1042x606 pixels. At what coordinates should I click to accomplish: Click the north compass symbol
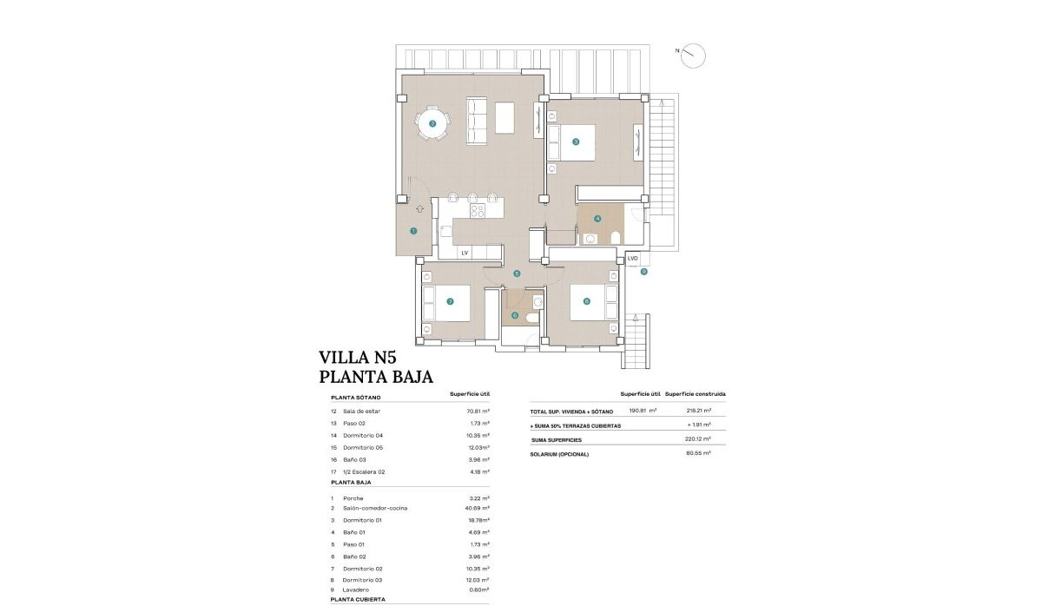coord(693,56)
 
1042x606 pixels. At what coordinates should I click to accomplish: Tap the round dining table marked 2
coord(432,124)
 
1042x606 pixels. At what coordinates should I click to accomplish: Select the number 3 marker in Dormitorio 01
coord(576,142)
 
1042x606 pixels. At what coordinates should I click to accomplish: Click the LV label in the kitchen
coord(465,253)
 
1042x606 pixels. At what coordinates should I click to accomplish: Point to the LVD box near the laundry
coord(632,259)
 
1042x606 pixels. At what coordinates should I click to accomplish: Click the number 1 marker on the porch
coord(413,231)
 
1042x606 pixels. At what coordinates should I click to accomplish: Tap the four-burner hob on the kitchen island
coord(478,210)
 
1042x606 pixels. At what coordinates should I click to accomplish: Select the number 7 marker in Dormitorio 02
coord(450,302)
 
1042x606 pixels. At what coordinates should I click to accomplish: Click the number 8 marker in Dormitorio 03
coord(587,302)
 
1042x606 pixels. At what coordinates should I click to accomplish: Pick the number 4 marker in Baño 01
coord(597,218)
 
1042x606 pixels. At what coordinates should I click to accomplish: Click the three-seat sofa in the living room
coord(477,120)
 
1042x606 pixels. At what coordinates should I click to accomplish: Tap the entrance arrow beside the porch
coord(420,207)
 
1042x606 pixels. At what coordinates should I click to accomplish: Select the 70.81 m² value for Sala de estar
coord(478,411)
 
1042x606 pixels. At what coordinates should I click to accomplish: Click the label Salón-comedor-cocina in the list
coord(375,508)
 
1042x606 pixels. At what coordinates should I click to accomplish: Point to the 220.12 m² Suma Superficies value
coord(698,439)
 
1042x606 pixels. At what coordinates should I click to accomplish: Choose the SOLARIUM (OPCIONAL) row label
coord(559,454)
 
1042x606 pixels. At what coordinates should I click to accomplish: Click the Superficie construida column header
coord(696,394)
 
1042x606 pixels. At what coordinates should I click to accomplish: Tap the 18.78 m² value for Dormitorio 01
coord(478,520)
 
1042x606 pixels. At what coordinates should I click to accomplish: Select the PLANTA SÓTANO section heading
coord(356,397)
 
